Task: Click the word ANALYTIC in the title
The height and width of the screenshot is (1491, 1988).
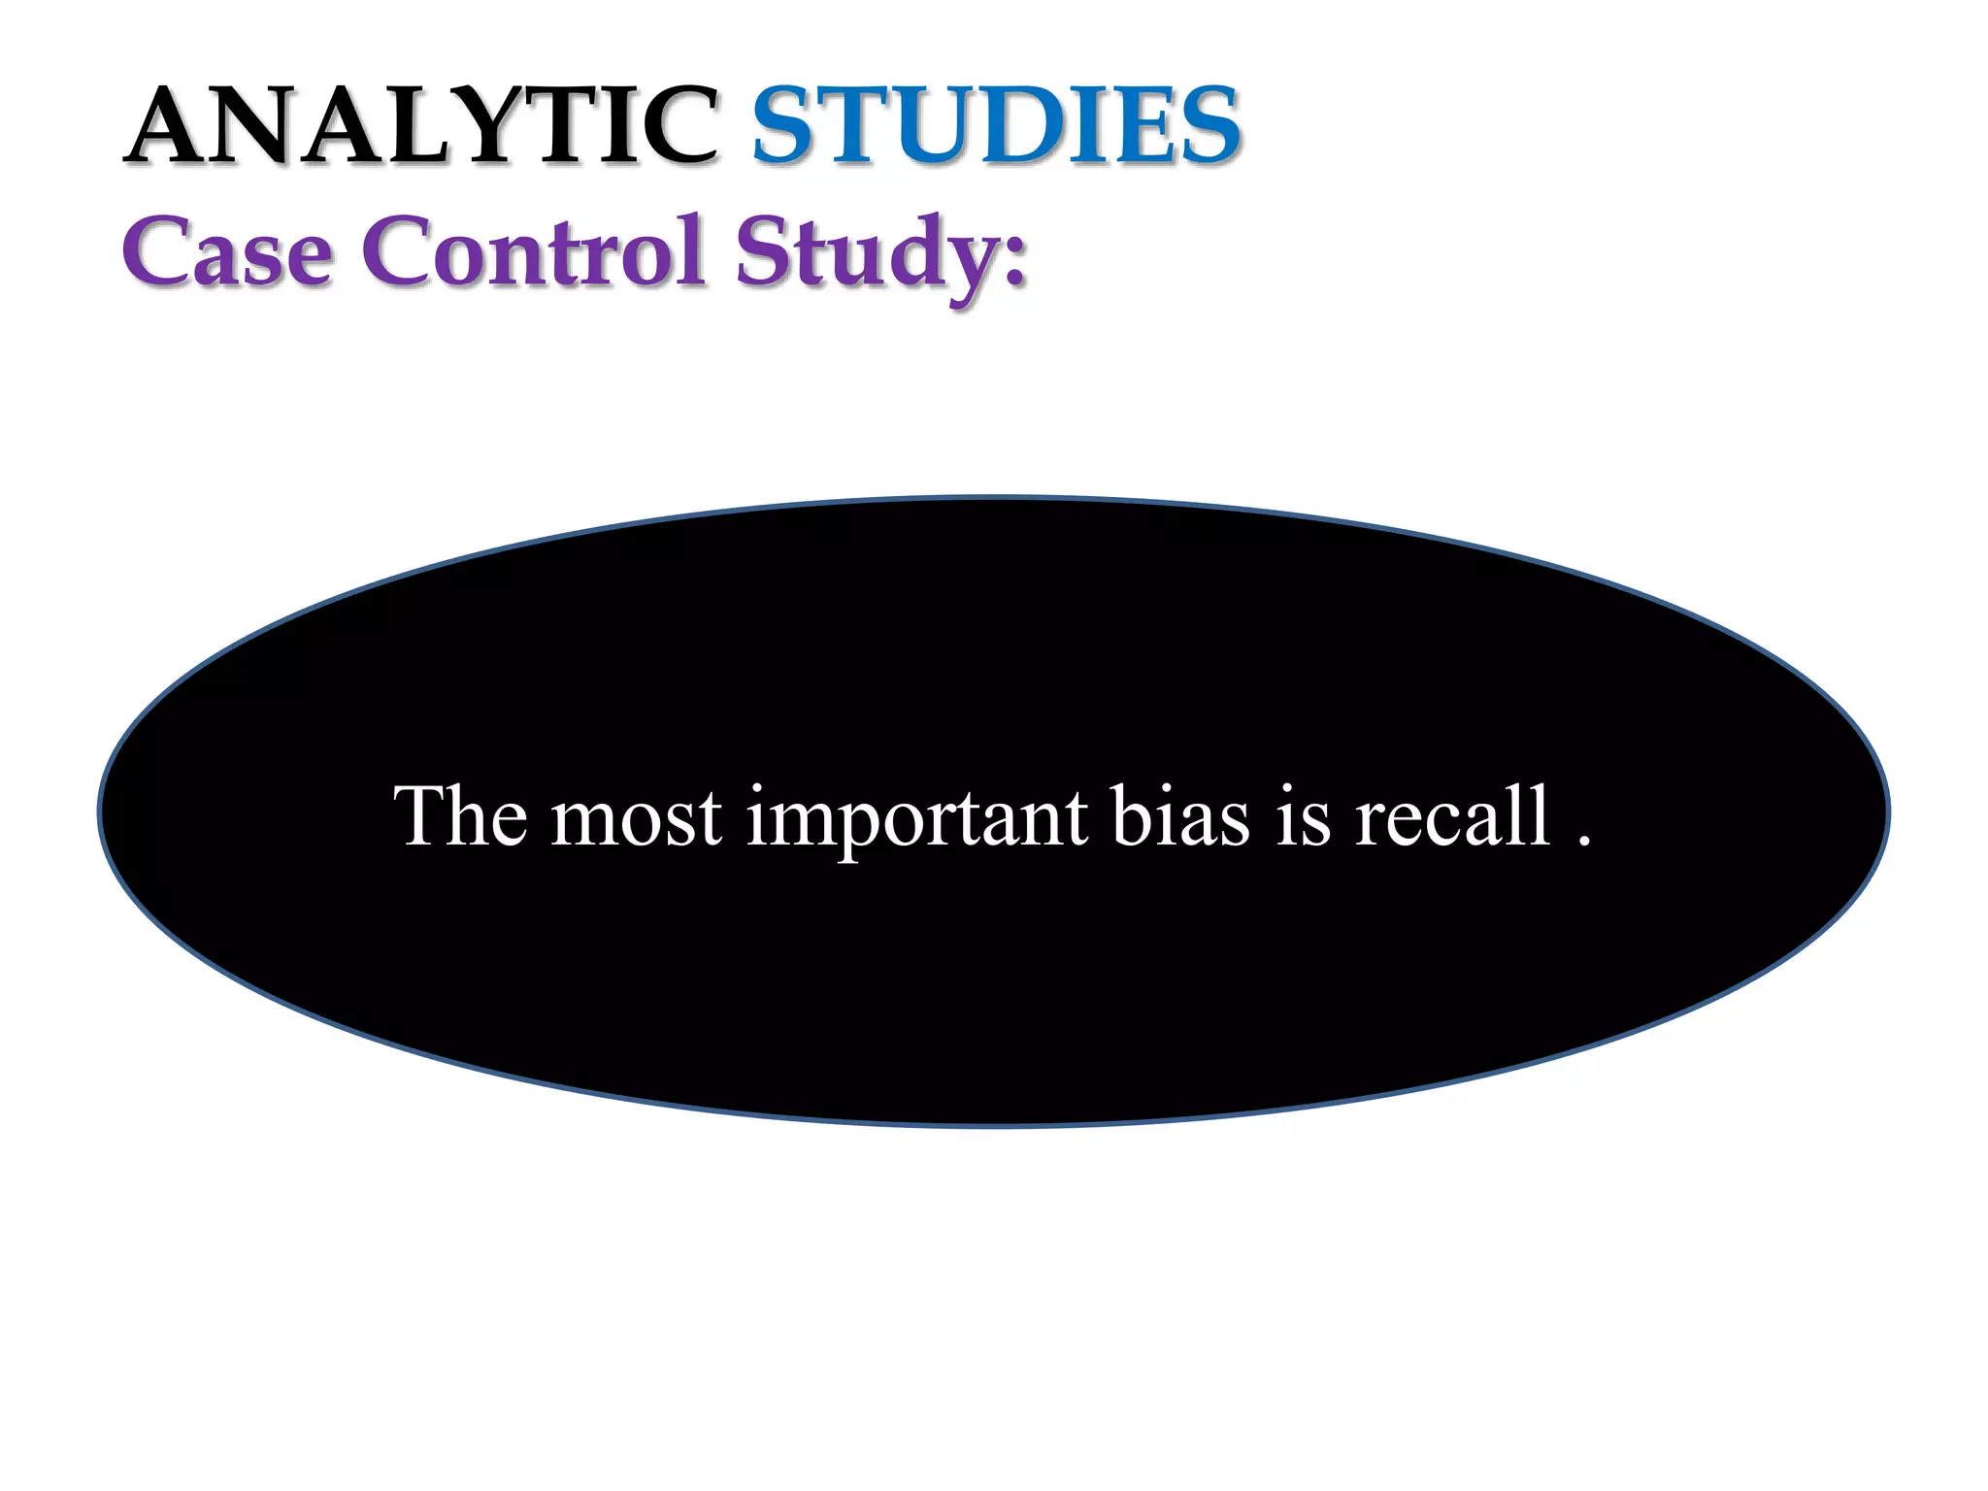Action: tap(421, 126)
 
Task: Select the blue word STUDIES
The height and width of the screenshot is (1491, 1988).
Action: tap(996, 126)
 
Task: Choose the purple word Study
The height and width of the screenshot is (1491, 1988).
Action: tap(868, 254)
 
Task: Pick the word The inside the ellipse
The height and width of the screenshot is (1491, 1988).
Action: tap(460, 816)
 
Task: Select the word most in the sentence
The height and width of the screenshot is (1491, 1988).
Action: tap(637, 818)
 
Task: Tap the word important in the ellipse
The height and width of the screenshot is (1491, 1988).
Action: tap(916, 818)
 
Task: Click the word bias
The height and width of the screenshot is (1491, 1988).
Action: tap(1180, 816)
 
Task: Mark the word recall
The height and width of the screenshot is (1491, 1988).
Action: tap(1452, 816)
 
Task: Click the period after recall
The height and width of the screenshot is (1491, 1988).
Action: tap(1584, 841)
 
